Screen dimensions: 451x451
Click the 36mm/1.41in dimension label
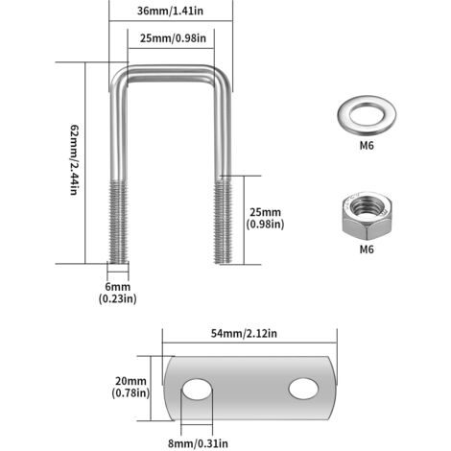pyautogui.click(x=170, y=11)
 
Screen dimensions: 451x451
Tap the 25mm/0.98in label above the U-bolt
pyautogui.click(x=173, y=38)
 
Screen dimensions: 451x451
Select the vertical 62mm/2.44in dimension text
pyautogui.click(x=74, y=160)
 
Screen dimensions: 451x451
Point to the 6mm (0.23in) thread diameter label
pyautogui.click(x=118, y=293)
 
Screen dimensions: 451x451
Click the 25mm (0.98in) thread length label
pyautogui.click(x=265, y=218)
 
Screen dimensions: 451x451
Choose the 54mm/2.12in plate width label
pyautogui.click(x=244, y=334)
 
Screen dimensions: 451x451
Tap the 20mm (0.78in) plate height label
pyautogui.click(x=131, y=387)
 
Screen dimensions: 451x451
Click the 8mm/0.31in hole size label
pyautogui.click(x=198, y=443)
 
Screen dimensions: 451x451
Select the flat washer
pyautogui.click(x=367, y=115)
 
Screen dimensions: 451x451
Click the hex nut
pyautogui.click(x=367, y=216)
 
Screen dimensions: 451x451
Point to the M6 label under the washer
pyautogui.click(x=367, y=146)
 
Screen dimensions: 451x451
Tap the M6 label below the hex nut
pyautogui.click(x=367, y=249)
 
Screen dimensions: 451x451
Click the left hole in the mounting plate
pyautogui.click(x=197, y=390)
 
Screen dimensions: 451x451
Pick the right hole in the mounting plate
pyautogui.click(x=303, y=389)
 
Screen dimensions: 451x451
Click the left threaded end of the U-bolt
pyautogui.click(x=118, y=222)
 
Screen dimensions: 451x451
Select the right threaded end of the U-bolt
pyautogui.click(x=223, y=221)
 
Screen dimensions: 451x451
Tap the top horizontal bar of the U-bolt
pyautogui.click(x=171, y=74)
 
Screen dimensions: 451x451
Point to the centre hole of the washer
pyautogui.click(x=367, y=114)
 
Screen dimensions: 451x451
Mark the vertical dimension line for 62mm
pyautogui.click(x=85, y=163)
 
